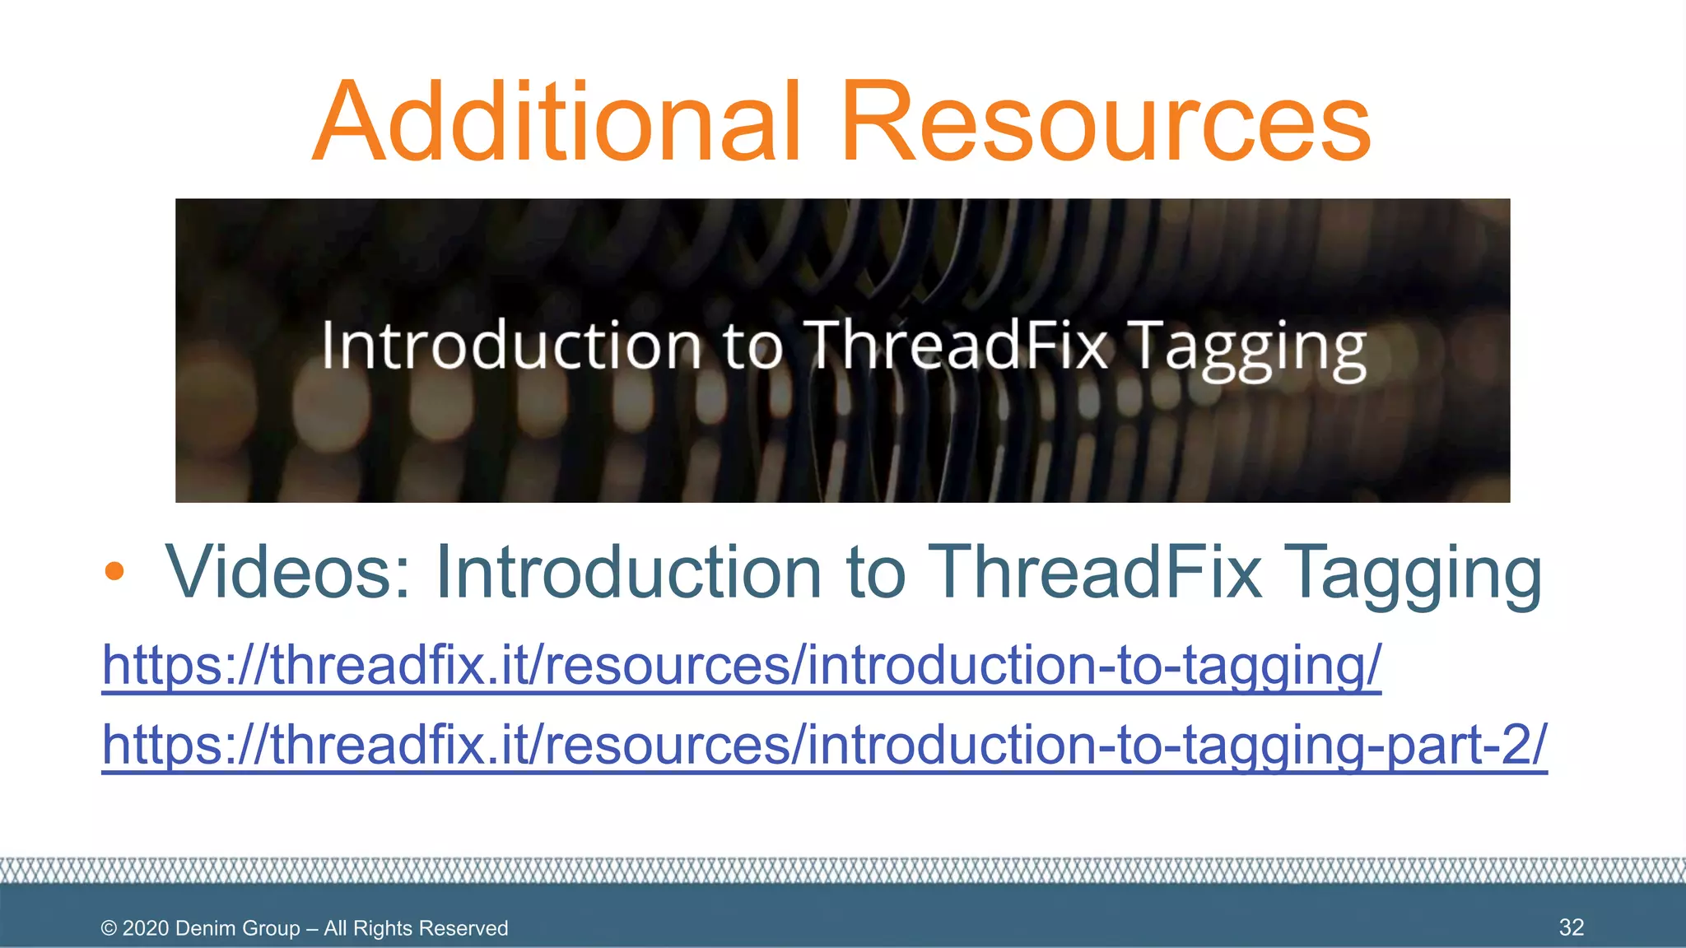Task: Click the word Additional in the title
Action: [557, 122]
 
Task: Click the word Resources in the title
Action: [1105, 122]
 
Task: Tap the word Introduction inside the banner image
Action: [510, 346]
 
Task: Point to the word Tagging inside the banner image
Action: [1246, 349]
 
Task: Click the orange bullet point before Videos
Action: [114, 571]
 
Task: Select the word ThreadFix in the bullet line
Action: [1095, 571]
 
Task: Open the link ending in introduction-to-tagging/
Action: [741, 665]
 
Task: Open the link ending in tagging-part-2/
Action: [823, 745]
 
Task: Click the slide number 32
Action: [1571, 927]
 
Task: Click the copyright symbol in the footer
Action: [109, 928]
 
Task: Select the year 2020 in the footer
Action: [146, 928]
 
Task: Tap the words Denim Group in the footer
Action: [237, 928]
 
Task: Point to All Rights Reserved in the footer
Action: [416, 928]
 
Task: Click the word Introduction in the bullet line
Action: [628, 571]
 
